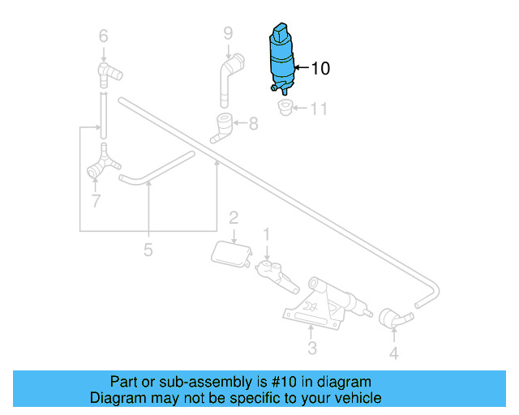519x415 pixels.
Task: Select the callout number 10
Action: [320, 69]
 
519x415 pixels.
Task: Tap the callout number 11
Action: [320, 109]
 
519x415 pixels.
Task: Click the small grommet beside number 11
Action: [285, 108]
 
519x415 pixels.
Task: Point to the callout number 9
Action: [228, 33]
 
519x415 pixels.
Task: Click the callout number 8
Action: [253, 124]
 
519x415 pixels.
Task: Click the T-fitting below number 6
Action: [106, 73]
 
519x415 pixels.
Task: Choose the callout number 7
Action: [96, 201]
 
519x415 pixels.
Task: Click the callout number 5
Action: [148, 250]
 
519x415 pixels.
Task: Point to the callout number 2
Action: [233, 217]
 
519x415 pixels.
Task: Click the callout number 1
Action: [265, 235]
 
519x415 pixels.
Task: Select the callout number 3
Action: [311, 349]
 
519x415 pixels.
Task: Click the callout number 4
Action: [393, 353]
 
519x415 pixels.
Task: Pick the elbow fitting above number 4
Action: [392, 319]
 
